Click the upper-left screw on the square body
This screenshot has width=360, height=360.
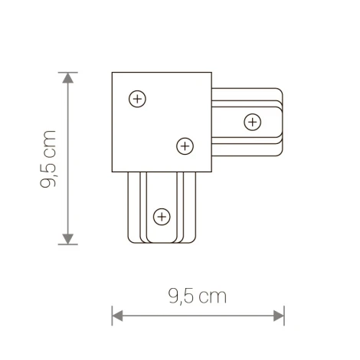137,99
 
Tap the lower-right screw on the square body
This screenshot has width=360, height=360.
183,145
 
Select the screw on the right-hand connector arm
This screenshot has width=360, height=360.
252,121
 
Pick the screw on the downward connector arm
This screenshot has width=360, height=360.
161,217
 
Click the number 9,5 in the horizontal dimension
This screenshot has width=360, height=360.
180,296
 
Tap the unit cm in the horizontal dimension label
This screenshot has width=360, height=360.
213,297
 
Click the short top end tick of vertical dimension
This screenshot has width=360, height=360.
69,73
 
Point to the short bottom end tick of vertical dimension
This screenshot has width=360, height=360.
69,244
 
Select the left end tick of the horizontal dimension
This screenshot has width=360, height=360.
113,313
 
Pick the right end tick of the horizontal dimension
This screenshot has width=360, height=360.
284,313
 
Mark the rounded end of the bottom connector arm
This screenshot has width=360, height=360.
161,240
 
